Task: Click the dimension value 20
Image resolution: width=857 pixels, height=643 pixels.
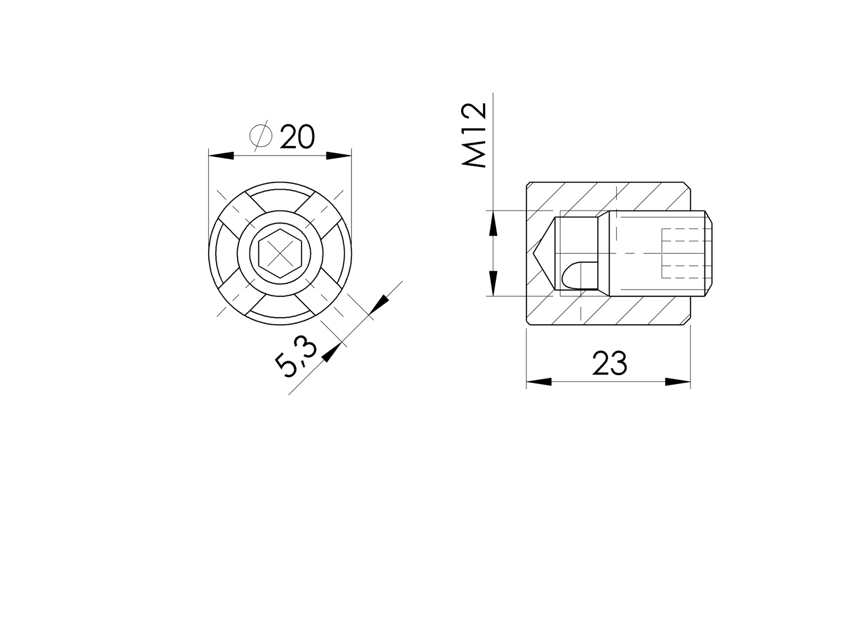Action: coord(297,137)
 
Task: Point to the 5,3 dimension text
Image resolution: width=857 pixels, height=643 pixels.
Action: coord(296,359)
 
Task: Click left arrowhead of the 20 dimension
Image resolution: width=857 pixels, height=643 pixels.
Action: coord(221,156)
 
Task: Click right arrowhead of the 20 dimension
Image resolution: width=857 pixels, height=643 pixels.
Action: coord(339,156)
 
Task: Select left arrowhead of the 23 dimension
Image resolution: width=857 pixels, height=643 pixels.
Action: coord(539,381)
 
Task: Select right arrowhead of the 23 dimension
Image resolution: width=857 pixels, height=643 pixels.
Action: coord(678,381)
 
